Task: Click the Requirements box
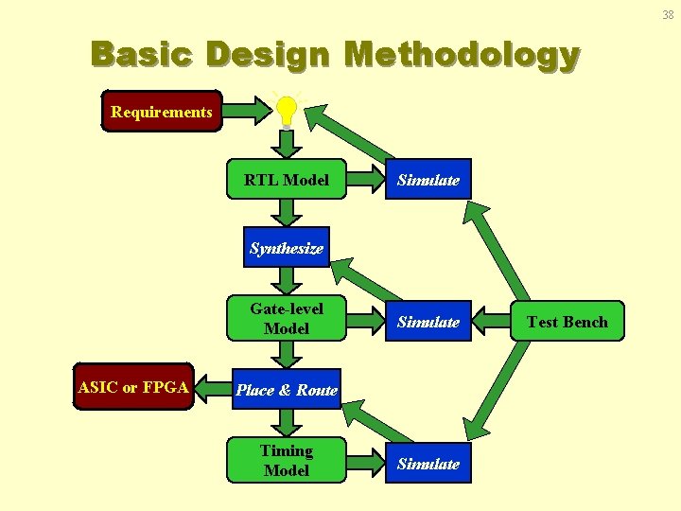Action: pos(162,112)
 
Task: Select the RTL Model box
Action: pos(287,179)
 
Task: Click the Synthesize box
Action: pos(287,248)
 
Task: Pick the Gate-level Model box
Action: pos(287,319)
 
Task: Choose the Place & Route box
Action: pos(287,389)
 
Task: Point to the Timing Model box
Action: pos(287,461)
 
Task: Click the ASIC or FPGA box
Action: pos(134,387)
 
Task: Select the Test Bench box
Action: pos(567,321)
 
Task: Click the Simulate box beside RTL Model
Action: pos(428,179)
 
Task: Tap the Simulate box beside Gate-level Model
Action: pos(428,322)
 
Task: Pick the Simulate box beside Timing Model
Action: pos(428,463)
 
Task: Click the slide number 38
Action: pos(668,14)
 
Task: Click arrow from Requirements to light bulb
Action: pos(247,112)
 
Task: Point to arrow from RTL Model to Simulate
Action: pos(365,179)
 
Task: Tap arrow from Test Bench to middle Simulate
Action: pos(492,322)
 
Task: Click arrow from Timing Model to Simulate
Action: pos(365,463)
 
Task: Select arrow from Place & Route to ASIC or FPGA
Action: pos(213,389)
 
